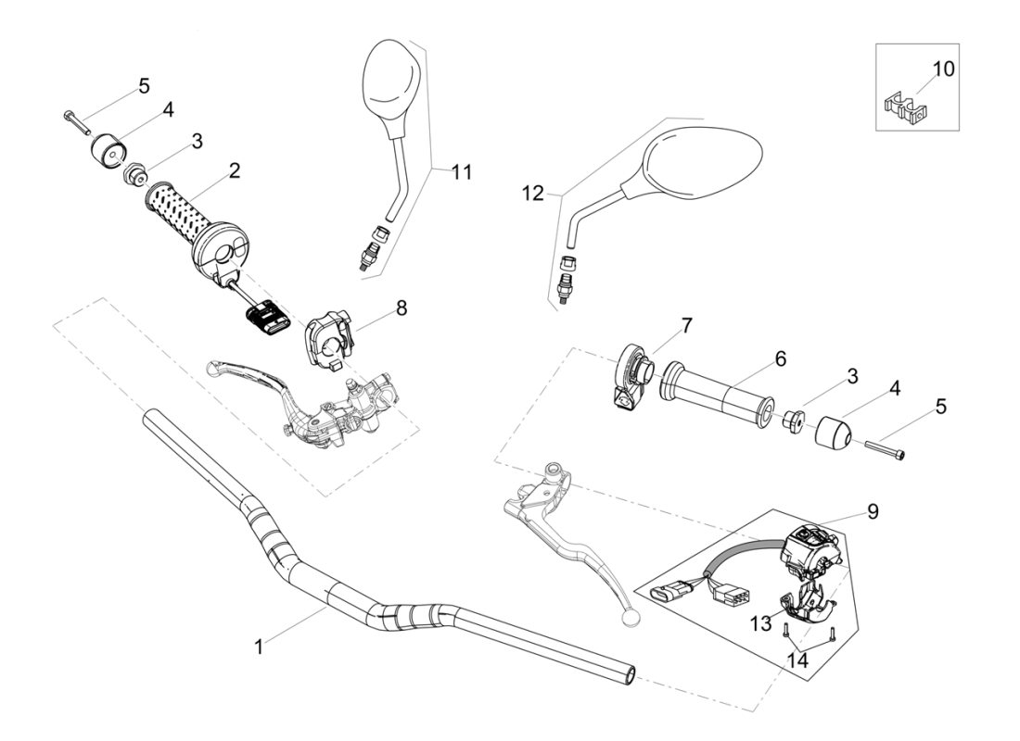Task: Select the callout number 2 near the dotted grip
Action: [x=236, y=170]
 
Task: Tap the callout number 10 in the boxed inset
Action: [x=942, y=69]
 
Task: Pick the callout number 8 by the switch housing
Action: [x=401, y=308]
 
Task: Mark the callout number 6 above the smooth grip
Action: [x=781, y=358]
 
